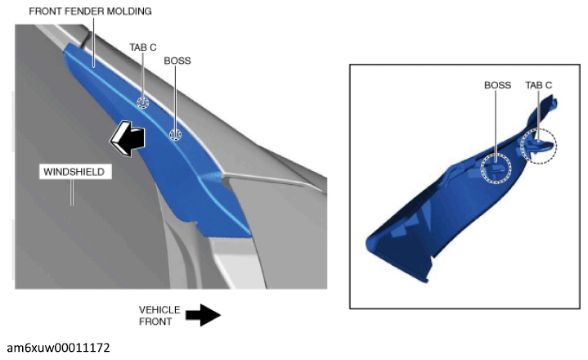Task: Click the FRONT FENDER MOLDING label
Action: coord(90,11)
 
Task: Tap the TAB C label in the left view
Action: coord(143,47)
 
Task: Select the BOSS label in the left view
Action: coord(177,61)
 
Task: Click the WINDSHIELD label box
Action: coord(75,172)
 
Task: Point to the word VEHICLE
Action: coord(159,310)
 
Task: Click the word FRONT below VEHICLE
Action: coord(155,322)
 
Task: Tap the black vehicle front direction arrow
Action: coord(203,315)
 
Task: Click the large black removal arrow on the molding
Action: coord(128,138)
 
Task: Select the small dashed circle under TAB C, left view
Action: coord(142,102)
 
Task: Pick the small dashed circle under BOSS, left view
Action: coord(175,134)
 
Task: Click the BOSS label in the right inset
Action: coord(497,85)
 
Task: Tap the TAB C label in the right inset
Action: coord(538,85)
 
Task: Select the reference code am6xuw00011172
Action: coord(59,348)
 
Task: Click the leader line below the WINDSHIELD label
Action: coord(72,192)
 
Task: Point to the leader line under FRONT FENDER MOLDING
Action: coord(93,42)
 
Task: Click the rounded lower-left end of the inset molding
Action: coord(370,245)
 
